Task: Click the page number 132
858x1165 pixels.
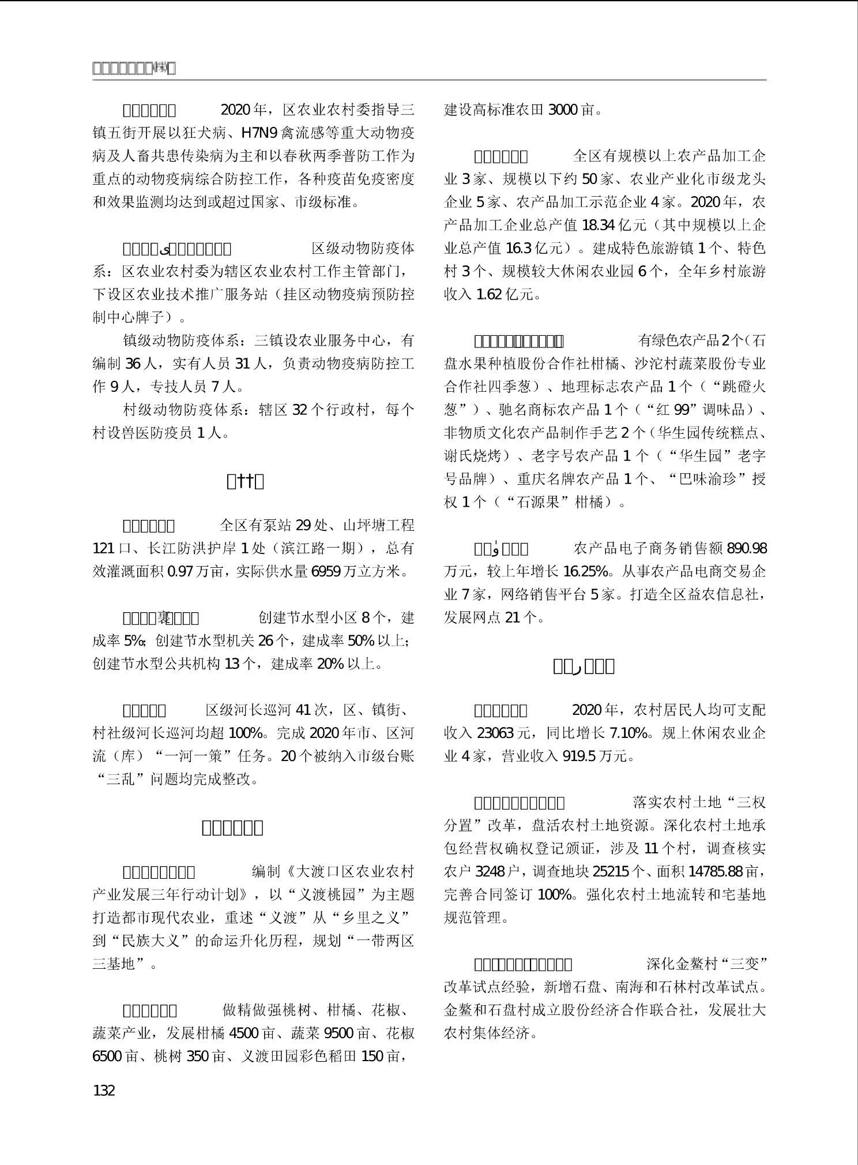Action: [x=104, y=1091]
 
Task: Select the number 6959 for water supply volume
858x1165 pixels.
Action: [x=326, y=572]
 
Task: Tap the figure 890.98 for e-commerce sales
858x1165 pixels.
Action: [x=747, y=549]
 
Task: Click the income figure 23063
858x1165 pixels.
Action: [x=495, y=733]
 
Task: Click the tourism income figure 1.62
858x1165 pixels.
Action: [x=488, y=295]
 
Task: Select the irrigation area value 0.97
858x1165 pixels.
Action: [x=180, y=572]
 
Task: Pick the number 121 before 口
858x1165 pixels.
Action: [x=104, y=549]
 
